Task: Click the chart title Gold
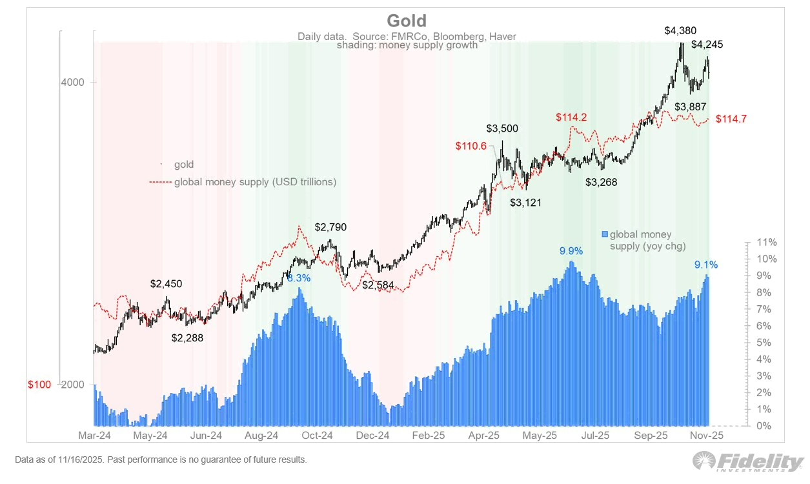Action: click(406, 21)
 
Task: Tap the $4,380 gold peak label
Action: click(680, 30)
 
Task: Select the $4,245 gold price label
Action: click(707, 45)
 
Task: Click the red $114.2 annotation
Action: click(574, 117)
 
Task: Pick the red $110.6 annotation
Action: click(471, 146)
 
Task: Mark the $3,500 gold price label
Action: click(502, 128)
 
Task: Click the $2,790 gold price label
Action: click(330, 227)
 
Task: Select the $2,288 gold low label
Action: click(187, 337)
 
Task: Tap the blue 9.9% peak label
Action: click(571, 251)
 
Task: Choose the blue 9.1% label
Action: click(705, 265)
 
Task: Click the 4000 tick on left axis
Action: click(73, 83)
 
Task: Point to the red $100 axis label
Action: click(39, 385)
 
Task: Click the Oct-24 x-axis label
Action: click(318, 436)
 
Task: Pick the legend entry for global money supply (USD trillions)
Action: click(255, 182)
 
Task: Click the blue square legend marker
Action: click(605, 234)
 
